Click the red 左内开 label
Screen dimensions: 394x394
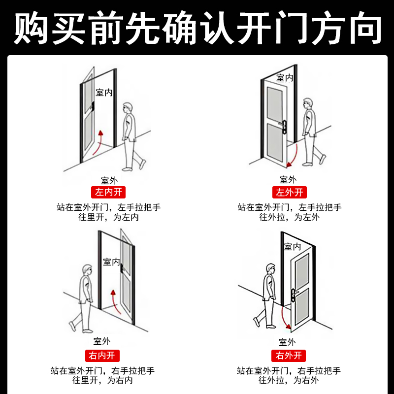coord(108,192)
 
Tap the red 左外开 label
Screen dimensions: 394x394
coord(289,192)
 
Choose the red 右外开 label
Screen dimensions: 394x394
coord(289,355)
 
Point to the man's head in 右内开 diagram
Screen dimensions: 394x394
coord(87,270)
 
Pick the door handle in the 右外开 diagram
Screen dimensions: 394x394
coord(294,295)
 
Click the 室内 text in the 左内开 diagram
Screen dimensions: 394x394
coord(104,92)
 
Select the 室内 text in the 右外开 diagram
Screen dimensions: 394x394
coord(292,246)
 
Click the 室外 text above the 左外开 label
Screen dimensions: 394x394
coord(288,180)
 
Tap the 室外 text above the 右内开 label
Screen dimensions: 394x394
coord(102,341)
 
